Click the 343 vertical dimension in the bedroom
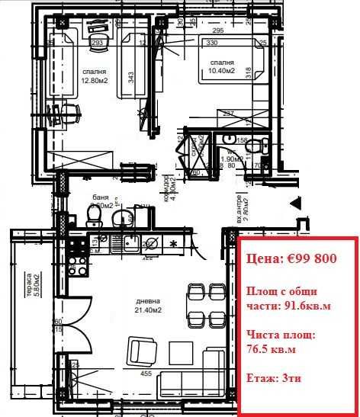pos(130,77)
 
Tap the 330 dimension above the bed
pos(211,43)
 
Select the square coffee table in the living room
pos(182,352)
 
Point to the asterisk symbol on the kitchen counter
pos(174,244)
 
